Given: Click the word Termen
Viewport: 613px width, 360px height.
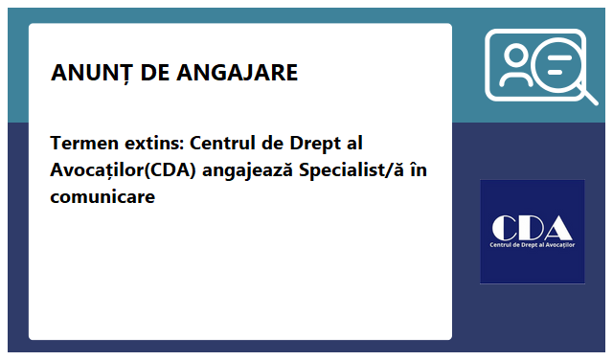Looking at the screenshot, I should point(82,145).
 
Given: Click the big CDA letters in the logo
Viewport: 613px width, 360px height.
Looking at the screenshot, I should point(532,227).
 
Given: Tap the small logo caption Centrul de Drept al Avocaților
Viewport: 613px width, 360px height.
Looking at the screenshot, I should point(532,247).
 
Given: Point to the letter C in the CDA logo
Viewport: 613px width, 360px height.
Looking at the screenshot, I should point(504,227).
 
